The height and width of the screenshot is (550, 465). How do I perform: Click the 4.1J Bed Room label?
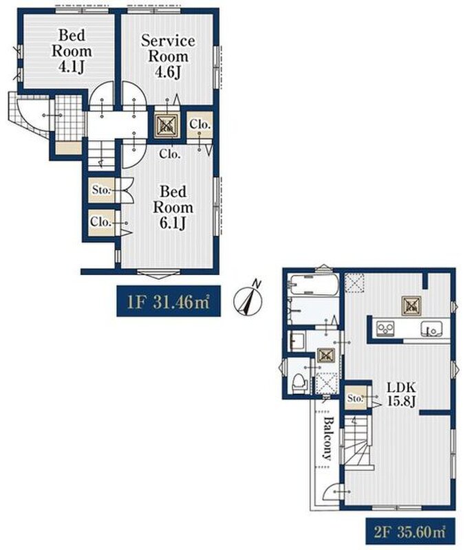click(x=72, y=51)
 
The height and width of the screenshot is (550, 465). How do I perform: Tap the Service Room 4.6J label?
click(x=168, y=56)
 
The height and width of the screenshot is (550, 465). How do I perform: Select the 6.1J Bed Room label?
click(x=173, y=208)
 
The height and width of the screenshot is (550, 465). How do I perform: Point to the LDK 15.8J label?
click(x=402, y=393)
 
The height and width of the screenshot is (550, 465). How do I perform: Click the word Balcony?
click(x=327, y=438)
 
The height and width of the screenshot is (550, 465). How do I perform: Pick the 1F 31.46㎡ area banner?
click(x=169, y=301)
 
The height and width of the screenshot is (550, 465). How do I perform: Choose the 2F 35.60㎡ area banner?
click(x=411, y=531)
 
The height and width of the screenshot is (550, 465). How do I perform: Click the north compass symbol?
click(x=248, y=299)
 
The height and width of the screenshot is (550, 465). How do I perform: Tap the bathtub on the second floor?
click(x=313, y=285)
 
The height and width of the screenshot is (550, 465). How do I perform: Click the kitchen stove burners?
click(x=385, y=329)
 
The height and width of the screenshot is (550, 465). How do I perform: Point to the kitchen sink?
click(x=431, y=329)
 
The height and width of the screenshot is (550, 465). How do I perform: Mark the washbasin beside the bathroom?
click(x=297, y=341)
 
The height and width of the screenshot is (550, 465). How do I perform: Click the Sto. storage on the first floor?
click(x=102, y=190)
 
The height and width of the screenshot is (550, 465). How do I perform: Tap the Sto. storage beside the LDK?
click(x=356, y=398)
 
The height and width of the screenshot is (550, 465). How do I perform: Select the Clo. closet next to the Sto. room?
click(x=101, y=222)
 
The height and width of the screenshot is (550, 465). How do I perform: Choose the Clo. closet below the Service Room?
click(x=200, y=124)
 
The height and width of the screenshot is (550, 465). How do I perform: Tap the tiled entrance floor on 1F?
click(x=70, y=118)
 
